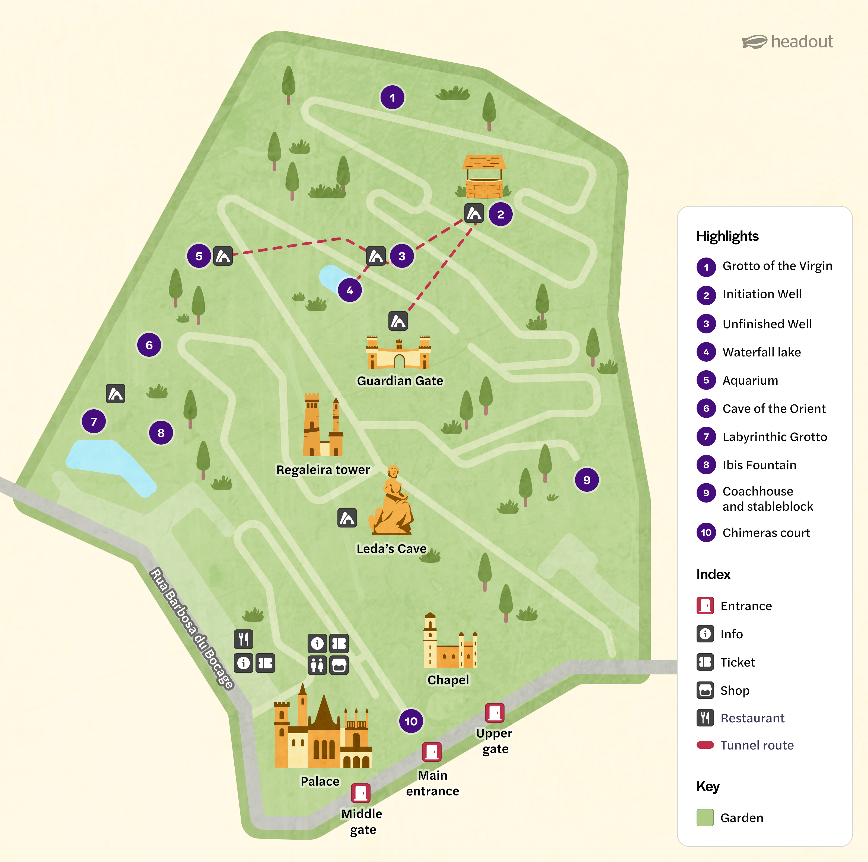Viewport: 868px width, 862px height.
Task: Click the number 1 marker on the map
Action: [x=392, y=97]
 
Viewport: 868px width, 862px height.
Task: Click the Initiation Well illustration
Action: [x=484, y=177]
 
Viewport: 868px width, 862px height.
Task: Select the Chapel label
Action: [x=448, y=680]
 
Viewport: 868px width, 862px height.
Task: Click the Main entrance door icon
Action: [x=431, y=752]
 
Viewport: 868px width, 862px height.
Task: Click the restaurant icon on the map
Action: [x=244, y=639]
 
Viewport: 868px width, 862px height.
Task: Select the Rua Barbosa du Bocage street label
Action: [x=192, y=629]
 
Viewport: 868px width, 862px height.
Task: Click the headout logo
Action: [x=787, y=42]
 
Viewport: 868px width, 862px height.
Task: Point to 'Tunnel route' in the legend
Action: [x=757, y=745]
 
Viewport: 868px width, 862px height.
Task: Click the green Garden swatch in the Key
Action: [x=705, y=818]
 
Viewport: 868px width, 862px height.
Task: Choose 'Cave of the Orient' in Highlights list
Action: [x=774, y=409]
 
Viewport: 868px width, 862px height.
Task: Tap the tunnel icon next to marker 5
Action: [x=223, y=256]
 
